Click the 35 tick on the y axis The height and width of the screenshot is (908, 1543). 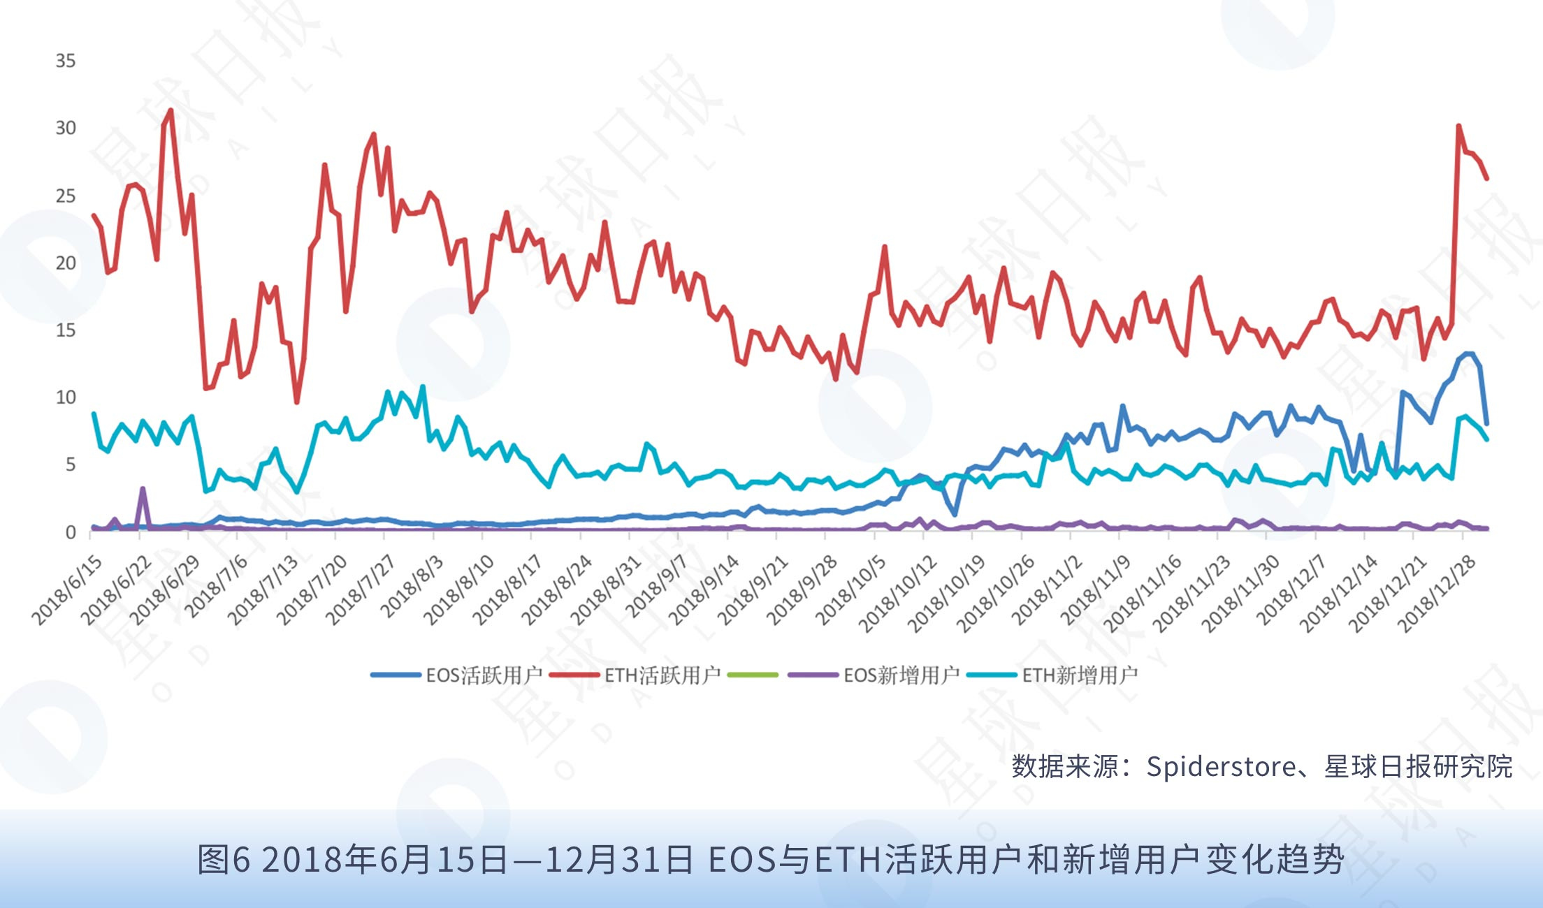(66, 61)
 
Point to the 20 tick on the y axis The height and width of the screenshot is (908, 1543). (66, 263)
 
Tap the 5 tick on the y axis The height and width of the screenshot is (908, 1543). (71, 464)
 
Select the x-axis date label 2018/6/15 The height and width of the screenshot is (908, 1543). (67, 590)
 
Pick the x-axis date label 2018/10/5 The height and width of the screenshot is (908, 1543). (850, 590)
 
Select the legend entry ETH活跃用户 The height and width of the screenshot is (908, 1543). (635, 675)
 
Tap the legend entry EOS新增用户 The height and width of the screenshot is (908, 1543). (874, 675)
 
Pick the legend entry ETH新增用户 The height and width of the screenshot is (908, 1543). (1052, 675)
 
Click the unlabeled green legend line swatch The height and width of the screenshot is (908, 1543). (753, 675)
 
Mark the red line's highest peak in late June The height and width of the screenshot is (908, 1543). (171, 110)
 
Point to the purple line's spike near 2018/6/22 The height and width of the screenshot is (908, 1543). (143, 489)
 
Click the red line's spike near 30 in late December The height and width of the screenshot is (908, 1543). (1458, 126)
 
